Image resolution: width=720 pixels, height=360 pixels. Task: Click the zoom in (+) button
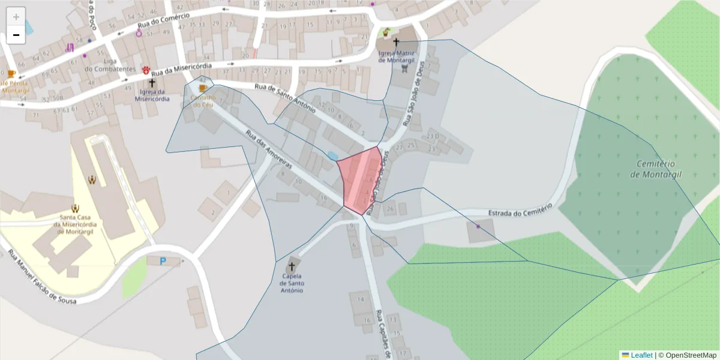click(16, 17)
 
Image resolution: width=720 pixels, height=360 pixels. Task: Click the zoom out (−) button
click(16, 35)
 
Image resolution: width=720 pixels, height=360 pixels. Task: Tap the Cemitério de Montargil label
click(652, 169)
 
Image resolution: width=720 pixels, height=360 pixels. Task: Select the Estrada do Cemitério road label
click(520, 212)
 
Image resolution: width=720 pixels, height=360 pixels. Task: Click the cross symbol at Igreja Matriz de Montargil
click(395, 42)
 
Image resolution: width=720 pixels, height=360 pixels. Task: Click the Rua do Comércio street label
click(163, 20)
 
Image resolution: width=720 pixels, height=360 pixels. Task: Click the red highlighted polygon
click(361, 180)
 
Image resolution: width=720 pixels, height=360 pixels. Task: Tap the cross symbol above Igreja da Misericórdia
click(152, 83)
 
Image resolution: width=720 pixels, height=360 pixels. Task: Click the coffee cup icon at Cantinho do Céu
click(203, 89)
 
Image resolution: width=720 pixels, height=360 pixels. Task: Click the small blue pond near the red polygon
click(332, 156)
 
